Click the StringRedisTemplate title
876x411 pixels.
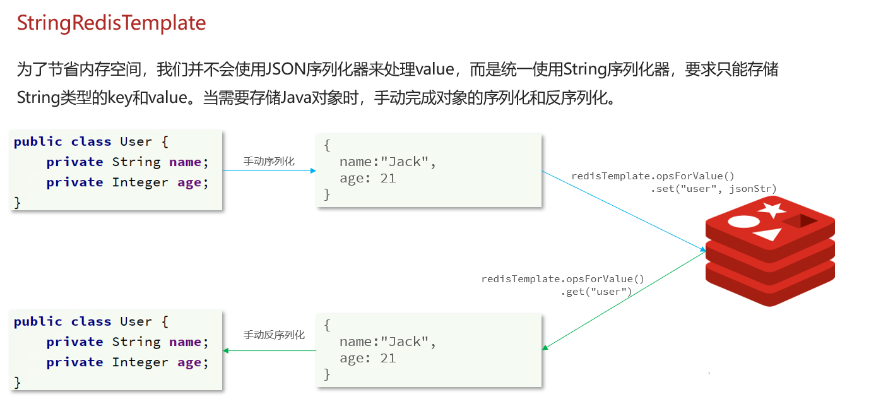(111, 23)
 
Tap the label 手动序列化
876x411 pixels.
(269, 162)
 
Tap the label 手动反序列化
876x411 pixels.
(274, 335)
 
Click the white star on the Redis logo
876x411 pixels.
(772, 209)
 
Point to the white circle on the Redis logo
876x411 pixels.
(743, 222)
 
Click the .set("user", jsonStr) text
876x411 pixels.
(713, 189)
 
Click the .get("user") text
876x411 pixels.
(596, 292)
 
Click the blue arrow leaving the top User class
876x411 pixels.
(269, 170)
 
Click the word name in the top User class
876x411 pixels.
(185, 162)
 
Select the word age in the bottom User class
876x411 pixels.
(189, 362)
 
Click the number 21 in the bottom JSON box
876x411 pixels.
(388, 359)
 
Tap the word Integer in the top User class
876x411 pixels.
(141, 182)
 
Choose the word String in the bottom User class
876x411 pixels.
(136, 342)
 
